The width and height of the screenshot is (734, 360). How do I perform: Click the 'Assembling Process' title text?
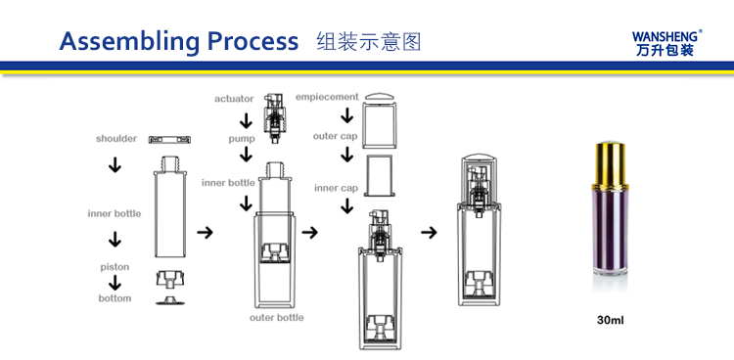(178, 41)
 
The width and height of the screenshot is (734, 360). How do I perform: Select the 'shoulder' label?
(116, 139)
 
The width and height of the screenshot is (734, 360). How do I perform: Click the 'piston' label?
(115, 266)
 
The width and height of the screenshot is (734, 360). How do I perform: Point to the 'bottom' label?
(115, 298)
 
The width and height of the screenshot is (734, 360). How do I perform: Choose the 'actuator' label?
(234, 99)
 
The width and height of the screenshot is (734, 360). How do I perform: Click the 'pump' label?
(241, 139)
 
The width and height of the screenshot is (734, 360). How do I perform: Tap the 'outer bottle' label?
(276, 318)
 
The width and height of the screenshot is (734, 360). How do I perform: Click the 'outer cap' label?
(335, 136)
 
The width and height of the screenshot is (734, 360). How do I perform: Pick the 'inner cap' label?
(334, 187)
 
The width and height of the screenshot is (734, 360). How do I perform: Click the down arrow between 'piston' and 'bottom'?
(115, 283)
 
